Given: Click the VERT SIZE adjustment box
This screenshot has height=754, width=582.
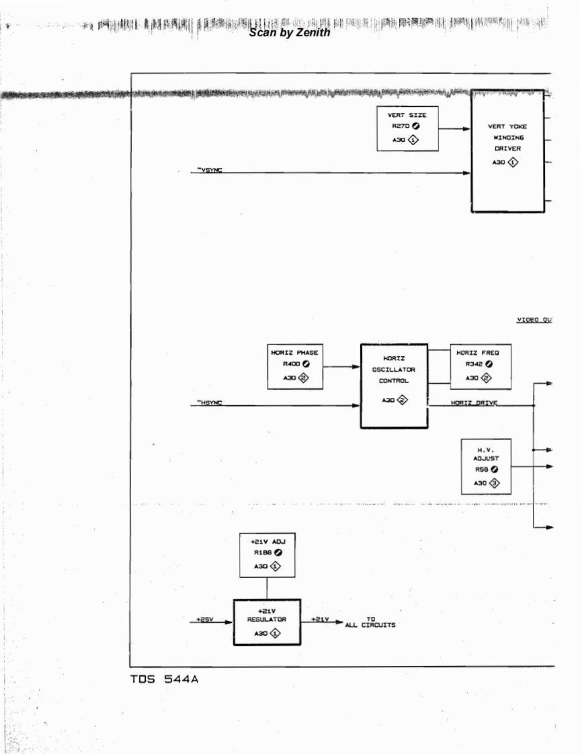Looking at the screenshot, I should point(408,128).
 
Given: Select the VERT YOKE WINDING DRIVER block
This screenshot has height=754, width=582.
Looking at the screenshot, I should point(507,151).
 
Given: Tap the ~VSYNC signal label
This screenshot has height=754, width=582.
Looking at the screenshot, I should point(210,171).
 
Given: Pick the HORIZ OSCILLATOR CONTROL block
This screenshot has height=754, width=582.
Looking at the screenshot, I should point(394,385).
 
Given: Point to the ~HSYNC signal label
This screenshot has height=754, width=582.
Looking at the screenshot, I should point(210,403).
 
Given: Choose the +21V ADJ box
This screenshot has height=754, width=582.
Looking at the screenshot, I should point(267,554).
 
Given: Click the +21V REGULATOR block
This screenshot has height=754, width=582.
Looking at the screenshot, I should point(267,622).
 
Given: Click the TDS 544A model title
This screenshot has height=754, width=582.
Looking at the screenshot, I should point(164,679).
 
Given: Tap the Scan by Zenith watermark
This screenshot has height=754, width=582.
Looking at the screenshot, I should point(289,32).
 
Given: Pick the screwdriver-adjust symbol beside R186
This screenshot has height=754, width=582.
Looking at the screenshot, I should point(278,552).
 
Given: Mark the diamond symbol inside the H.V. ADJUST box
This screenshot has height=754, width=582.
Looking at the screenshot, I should point(495,483).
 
